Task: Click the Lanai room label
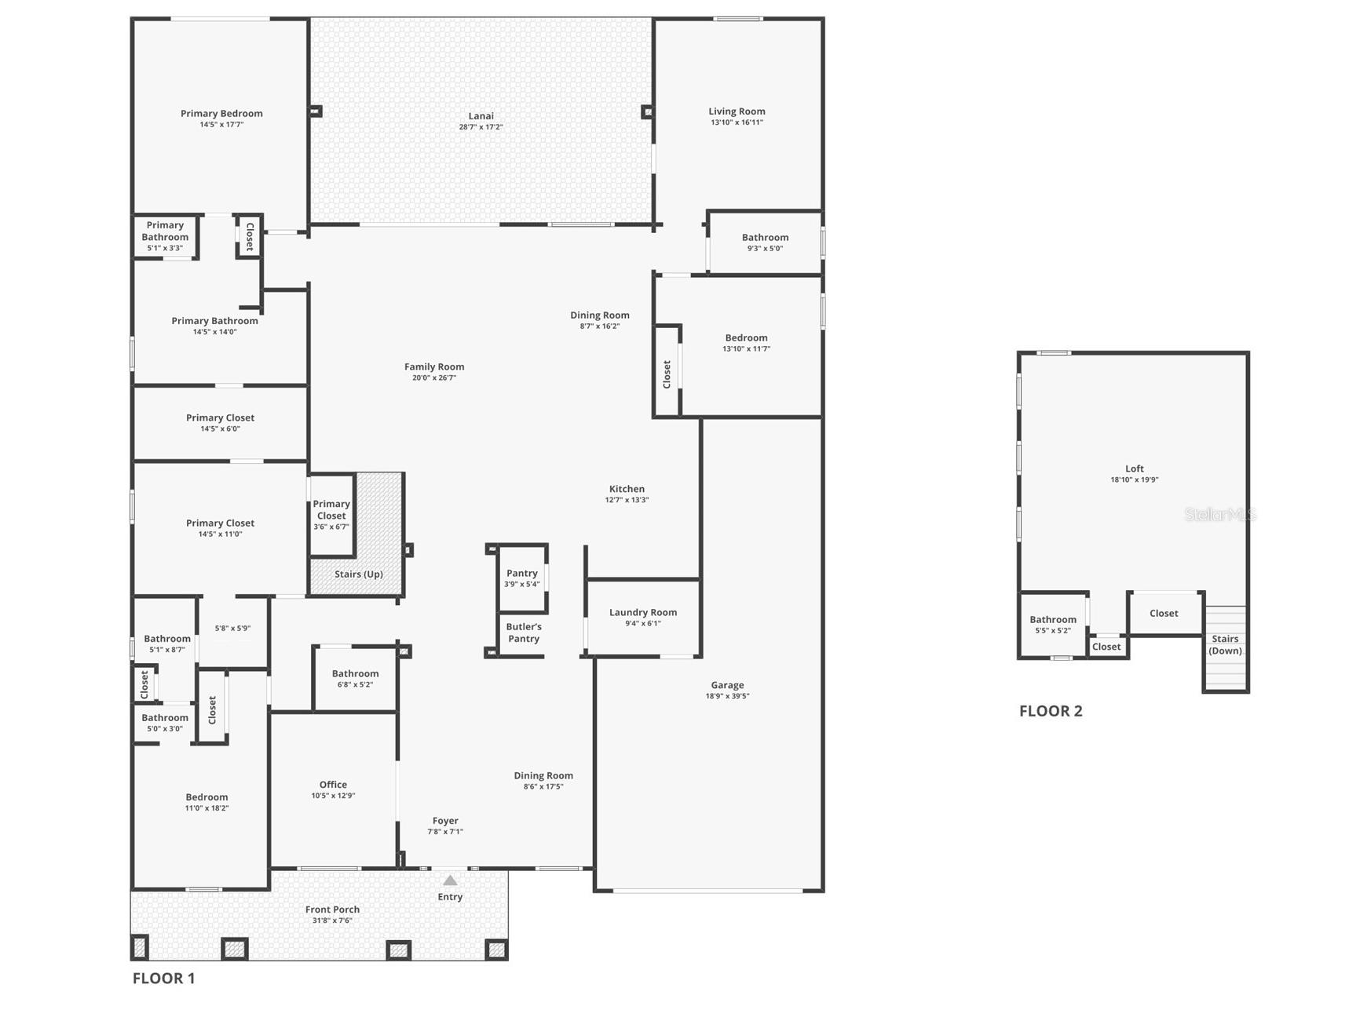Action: [x=481, y=116]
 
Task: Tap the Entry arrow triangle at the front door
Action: [x=450, y=880]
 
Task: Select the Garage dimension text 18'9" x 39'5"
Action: [x=727, y=696]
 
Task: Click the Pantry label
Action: [x=522, y=574]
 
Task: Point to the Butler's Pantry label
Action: [x=524, y=632]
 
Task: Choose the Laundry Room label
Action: [x=643, y=613]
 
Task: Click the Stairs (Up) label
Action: [x=359, y=574]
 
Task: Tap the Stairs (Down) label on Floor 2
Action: [x=1225, y=644]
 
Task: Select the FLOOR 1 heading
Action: [x=163, y=979]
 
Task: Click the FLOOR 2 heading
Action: [x=1051, y=711]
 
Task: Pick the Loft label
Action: [x=1134, y=468]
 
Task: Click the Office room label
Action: [x=333, y=785]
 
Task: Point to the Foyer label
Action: [x=445, y=821]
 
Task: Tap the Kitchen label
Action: [x=627, y=489]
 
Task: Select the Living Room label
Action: [x=737, y=111]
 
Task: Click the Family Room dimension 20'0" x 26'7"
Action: [x=434, y=378]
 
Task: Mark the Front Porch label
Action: [x=332, y=910]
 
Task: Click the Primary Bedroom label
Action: [x=221, y=114]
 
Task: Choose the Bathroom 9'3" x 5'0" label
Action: [x=765, y=238]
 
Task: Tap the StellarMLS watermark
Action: [x=1219, y=515]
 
